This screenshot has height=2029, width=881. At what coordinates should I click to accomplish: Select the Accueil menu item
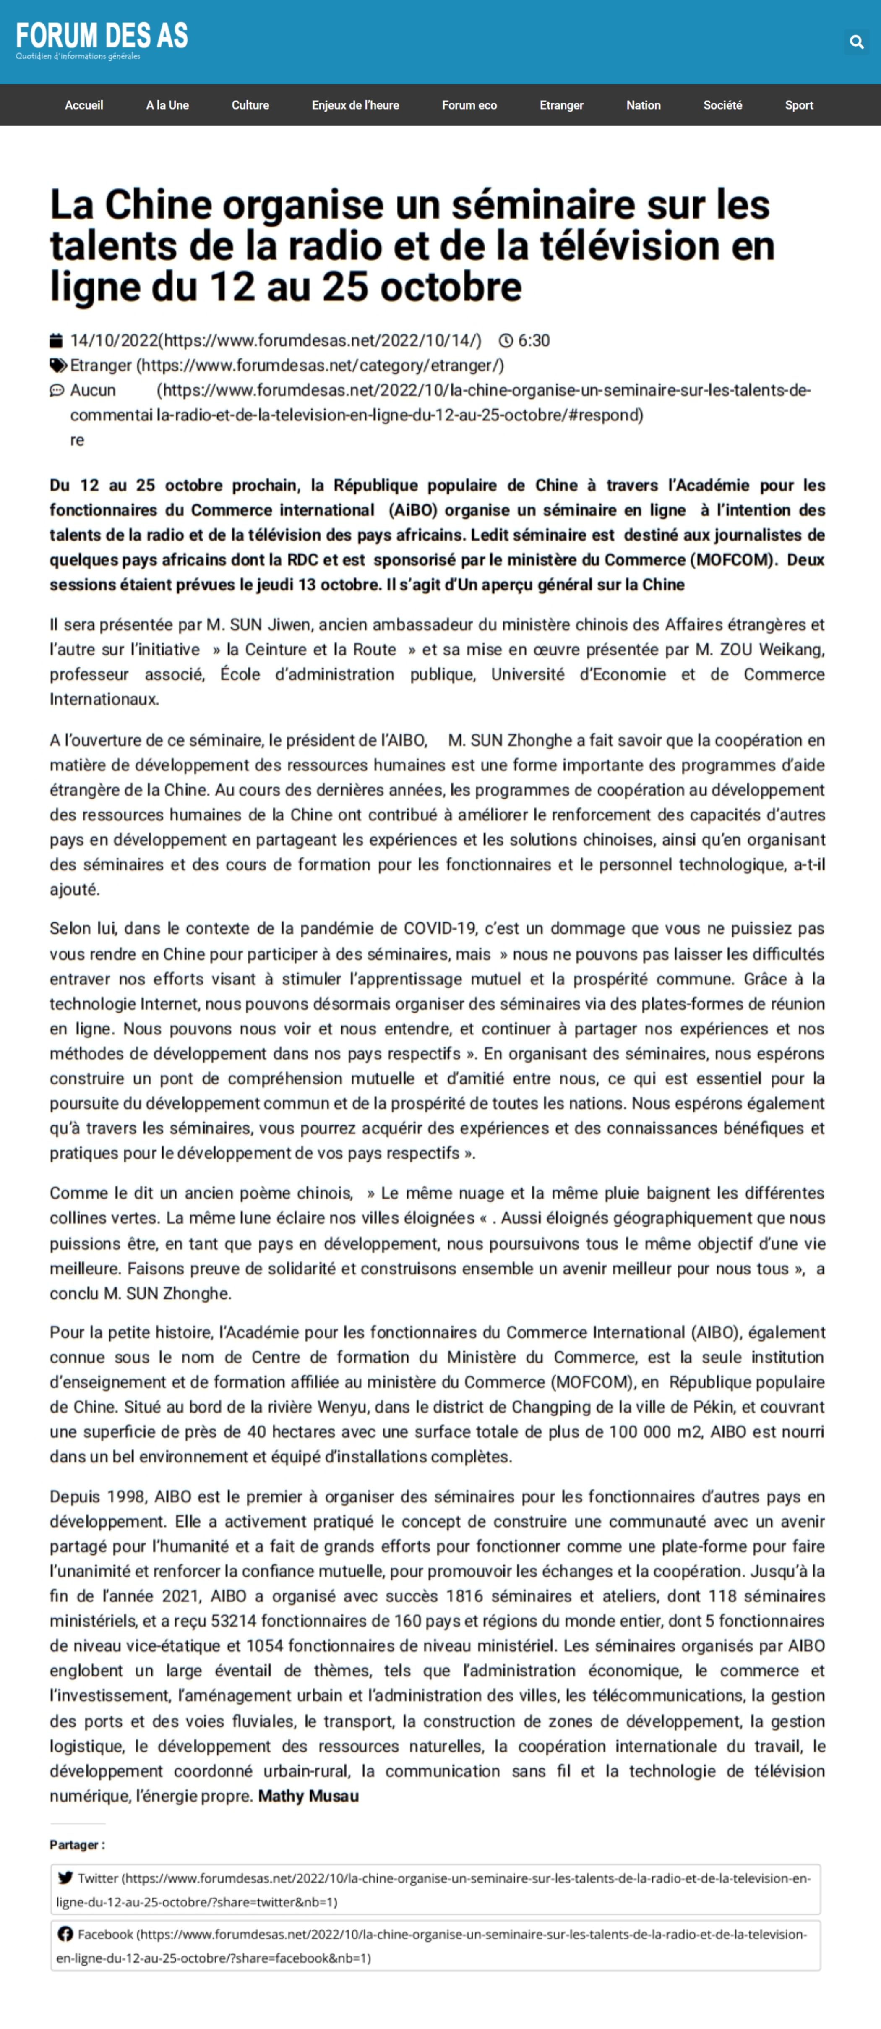83,105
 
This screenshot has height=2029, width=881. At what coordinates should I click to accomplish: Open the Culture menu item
250,105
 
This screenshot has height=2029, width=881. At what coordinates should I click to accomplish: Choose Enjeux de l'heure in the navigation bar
355,105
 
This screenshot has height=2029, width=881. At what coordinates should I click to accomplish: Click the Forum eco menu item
469,105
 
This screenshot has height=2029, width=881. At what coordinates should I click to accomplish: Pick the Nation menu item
643,105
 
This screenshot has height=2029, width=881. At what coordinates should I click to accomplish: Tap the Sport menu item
798,105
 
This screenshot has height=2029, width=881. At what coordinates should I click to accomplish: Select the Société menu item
722,105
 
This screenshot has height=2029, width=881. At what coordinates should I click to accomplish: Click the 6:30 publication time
534,340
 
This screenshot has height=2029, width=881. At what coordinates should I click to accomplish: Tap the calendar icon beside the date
56,340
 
